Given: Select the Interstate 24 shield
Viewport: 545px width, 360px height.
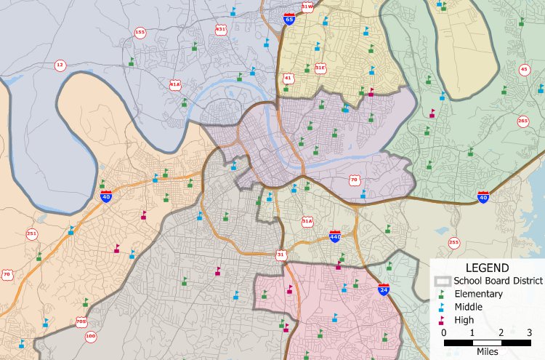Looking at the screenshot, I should point(383,289).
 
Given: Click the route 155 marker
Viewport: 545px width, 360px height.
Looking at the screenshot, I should point(140,33).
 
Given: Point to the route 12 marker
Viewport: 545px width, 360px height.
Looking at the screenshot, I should point(60,65).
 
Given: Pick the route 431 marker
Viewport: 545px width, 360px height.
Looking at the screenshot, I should point(221,30).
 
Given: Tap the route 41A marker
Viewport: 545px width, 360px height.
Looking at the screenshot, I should point(175,84).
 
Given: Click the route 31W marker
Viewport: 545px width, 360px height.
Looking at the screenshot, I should point(307,7).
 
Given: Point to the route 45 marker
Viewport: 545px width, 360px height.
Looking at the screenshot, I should point(524,70).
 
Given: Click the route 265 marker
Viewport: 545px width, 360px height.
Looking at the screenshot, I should point(523,121).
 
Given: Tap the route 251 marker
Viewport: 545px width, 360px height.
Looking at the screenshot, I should point(31,234).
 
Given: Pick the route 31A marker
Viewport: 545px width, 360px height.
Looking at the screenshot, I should point(307,221).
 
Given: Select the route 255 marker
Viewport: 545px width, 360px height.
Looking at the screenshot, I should point(454,242).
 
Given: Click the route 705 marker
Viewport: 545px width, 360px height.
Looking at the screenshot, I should point(81,321).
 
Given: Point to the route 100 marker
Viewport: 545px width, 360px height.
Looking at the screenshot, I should point(91,336).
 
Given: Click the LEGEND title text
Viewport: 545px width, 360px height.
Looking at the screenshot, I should point(487,268).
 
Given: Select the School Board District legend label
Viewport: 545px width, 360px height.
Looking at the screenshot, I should point(498,281).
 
